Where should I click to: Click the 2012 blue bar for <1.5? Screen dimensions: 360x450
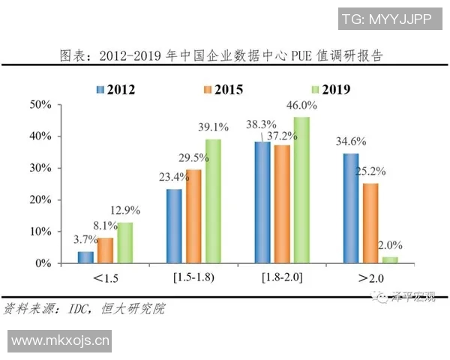[x=86, y=257]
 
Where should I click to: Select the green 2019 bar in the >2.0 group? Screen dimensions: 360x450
[x=390, y=259]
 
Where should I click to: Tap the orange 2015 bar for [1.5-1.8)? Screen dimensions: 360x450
[x=194, y=217]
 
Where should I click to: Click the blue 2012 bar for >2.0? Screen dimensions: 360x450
[x=351, y=208]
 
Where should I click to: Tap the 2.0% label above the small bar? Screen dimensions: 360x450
[x=391, y=244]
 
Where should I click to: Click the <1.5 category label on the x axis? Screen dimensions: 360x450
[x=106, y=279]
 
